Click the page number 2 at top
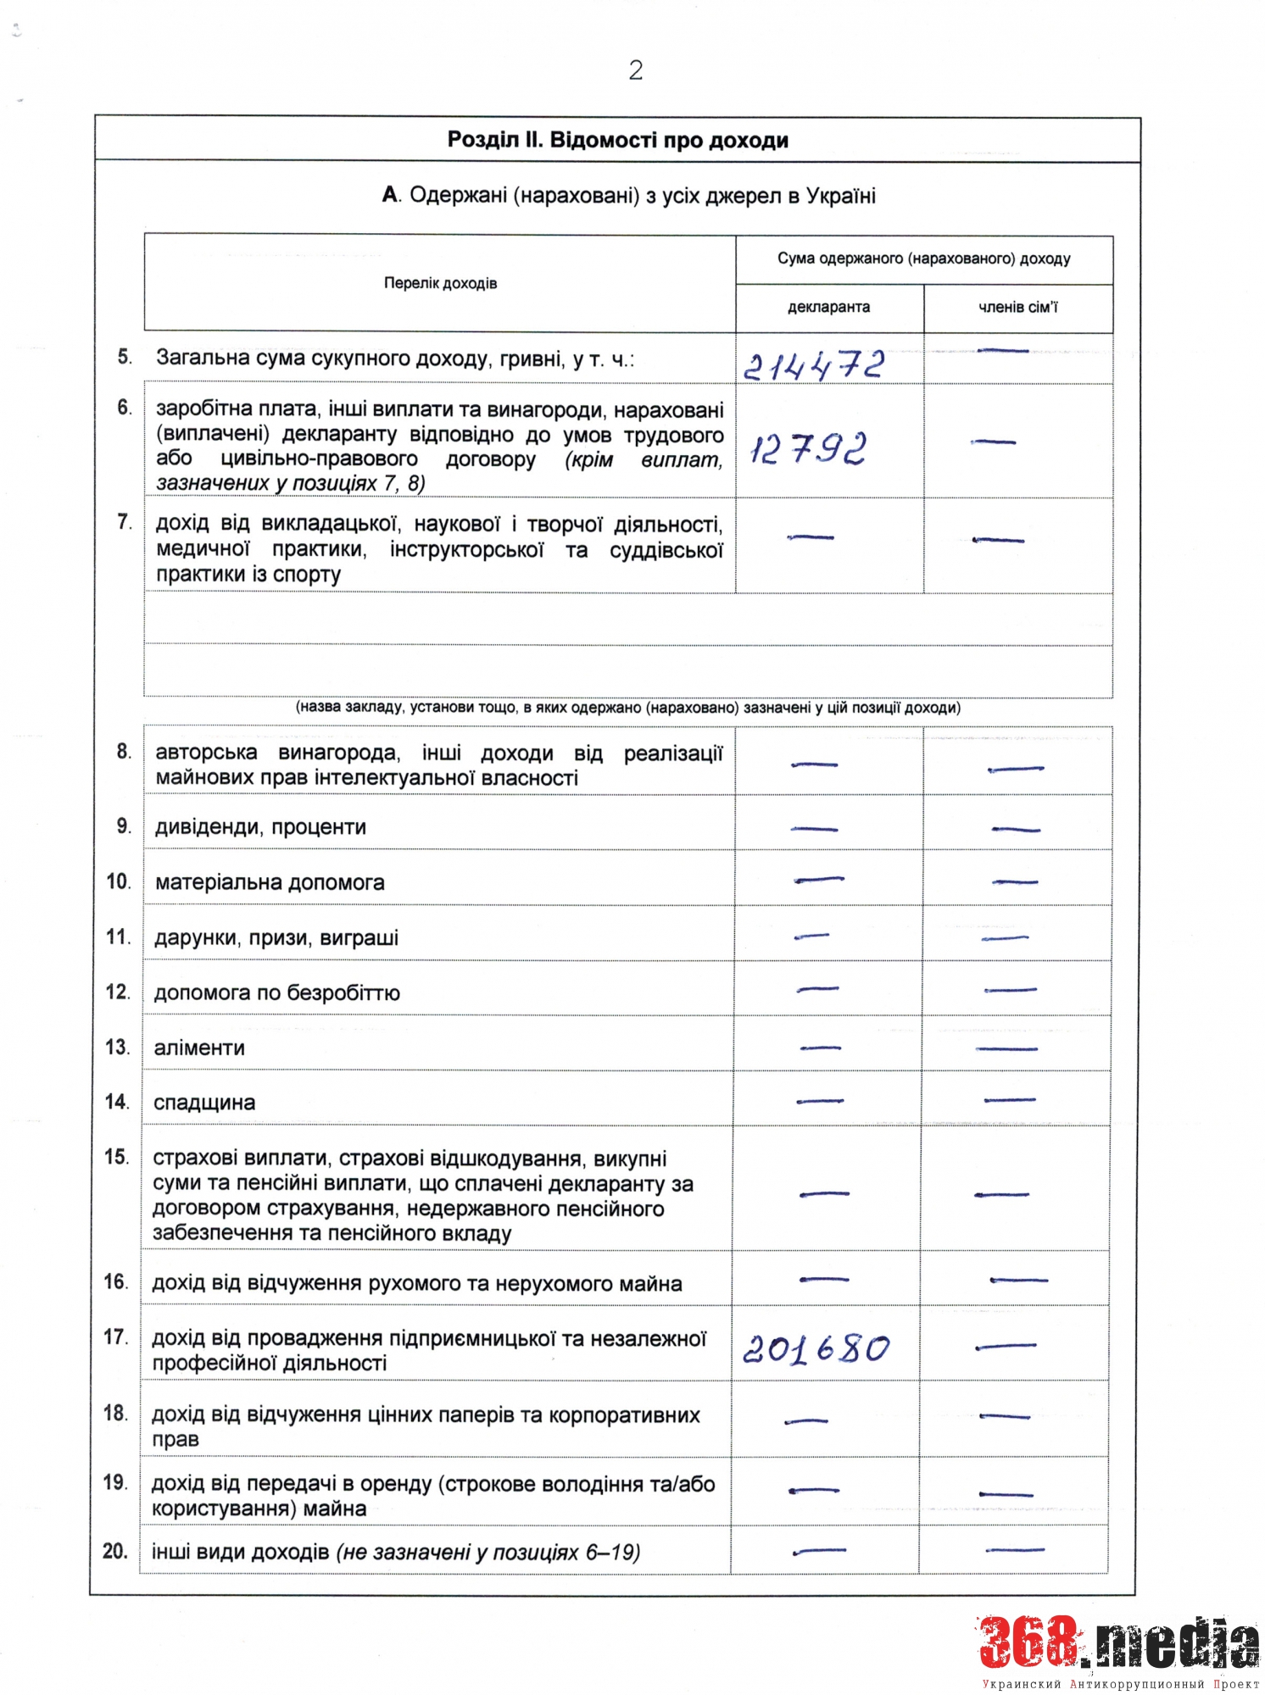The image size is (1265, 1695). pyautogui.click(x=636, y=70)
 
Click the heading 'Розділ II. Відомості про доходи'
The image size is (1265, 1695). pyautogui.click(x=617, y=140)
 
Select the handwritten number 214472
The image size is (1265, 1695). pyautogui.click(x=814, y=365)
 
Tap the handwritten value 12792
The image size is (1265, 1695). pyautogui.click(x=808, y=448)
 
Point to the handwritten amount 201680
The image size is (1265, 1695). pyautogui.click(x=816, y=1348)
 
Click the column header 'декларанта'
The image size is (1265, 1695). pyautogui.click(x=828, y=307)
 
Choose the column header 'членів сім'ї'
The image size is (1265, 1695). pyautogui.click(x=1017, y=307)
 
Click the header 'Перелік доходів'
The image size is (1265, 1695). pyautogui.click(x=440, y=283)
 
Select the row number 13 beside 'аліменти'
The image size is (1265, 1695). pyautogui.click(x=117, y=1048)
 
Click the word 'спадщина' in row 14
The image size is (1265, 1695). pyautogui.click(x=203, y=1103)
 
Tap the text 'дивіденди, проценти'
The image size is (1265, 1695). pyautogui.click(x=260, y=827)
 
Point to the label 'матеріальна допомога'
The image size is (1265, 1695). pyautogui.click(x=270, y=882)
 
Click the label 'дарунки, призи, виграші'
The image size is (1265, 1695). pyautogui.click(x=276, y=938)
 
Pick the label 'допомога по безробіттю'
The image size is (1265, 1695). pyautogui.click(x=276, y=992)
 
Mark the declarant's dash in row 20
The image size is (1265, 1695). pyautogui.click(x=819, y=1552)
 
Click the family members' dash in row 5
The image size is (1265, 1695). pyautogui.click(x=1003, y=350)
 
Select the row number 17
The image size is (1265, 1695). pyautogui.click(x=115, y=1337)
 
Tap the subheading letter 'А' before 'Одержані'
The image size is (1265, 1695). pyautogui.click(x=390, y=196)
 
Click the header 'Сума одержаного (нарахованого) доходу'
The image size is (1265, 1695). pyautogui.click(x=923, y=258)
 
